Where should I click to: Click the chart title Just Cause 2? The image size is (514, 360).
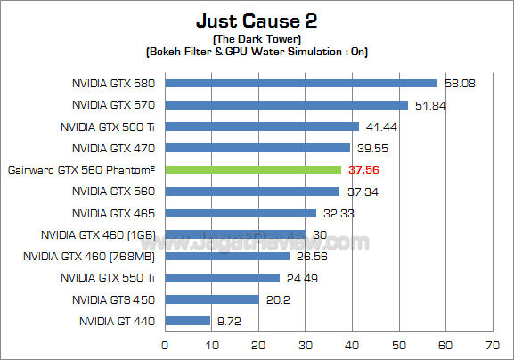coord(257,20)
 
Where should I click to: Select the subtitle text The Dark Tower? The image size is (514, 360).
coord(257,40)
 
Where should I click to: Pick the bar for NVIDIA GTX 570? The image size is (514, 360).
coord(286,105)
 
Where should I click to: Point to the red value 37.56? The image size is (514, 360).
coord(363,169)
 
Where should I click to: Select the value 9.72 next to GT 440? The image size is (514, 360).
coord(228,321)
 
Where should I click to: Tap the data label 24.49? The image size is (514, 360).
coord(301,278)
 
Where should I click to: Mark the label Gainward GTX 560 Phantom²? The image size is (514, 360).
coord(81,169)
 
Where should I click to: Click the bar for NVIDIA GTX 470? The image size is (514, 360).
coord(257,148)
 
